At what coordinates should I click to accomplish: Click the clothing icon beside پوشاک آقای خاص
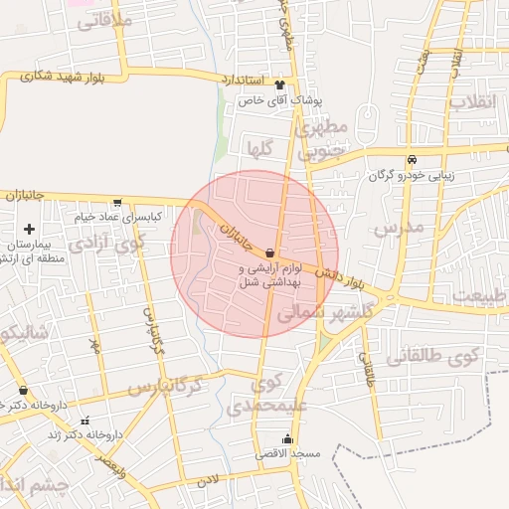(279, 85)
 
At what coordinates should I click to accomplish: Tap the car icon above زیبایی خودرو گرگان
(411, 160)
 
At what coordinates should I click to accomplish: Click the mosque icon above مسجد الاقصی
(289, 438)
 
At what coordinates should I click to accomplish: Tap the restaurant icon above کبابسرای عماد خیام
(118, 202)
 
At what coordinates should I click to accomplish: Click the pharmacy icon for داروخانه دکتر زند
(84, 421)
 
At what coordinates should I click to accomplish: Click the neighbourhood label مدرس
(399, 228)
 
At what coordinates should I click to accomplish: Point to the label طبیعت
(478, 294)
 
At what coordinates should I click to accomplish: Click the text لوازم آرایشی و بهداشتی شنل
(269, 275)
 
